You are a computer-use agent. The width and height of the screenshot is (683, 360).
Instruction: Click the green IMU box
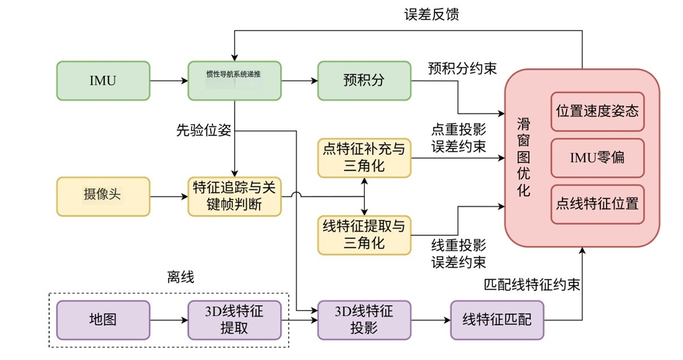pos(103,80)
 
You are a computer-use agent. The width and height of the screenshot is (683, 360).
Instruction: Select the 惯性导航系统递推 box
pos(235,80)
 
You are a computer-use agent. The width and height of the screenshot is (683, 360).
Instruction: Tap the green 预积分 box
pos(364,80)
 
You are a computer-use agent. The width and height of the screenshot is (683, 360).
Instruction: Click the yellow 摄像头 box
pos(103,196)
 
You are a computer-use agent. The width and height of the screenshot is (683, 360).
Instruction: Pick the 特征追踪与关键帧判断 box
pos(235,196)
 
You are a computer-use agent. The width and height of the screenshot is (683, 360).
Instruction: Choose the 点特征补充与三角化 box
pos(364,158)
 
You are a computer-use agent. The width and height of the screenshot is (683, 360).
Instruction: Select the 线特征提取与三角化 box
pos(364,235)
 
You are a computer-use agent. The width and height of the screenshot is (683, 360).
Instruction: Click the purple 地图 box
pos(103,320)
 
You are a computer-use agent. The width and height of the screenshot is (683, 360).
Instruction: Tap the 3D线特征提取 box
pos(235,320)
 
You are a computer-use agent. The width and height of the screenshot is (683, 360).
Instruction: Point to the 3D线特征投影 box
pos(364,320)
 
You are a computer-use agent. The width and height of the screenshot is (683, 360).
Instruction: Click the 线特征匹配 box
pos(497,320)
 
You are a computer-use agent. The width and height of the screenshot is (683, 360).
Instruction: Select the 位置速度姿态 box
pos(597,111)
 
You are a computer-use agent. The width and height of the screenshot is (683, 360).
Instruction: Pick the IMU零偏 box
pos(597,157)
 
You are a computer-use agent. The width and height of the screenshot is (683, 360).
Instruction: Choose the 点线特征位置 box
pos(597,203)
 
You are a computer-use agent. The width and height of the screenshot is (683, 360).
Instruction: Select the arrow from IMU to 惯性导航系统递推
pos(168,81)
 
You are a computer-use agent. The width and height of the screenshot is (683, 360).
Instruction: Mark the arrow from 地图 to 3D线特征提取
pos(168,320)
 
